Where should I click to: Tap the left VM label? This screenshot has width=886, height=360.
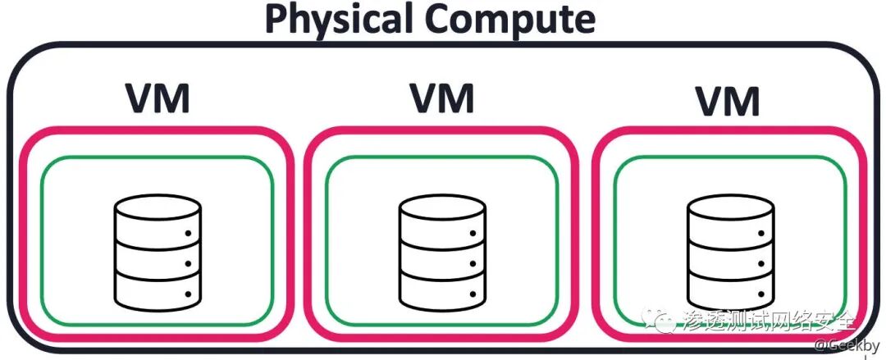coord(157,98)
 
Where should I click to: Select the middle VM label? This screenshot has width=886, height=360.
coord(441,98)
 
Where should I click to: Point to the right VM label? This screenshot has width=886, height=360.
coord(727,102)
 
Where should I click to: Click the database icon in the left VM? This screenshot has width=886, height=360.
coord(157,250)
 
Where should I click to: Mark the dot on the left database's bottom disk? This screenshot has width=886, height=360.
coord(188,293)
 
